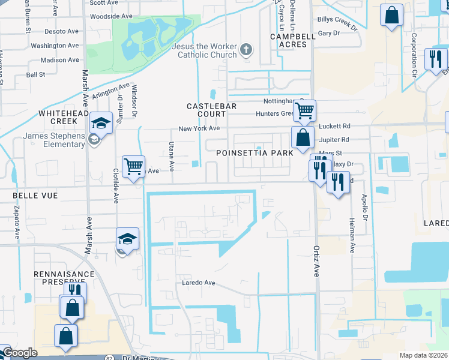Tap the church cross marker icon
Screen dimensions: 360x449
click(246, 50)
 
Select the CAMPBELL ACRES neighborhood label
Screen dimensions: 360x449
click(292, 40)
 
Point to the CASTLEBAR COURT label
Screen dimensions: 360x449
click(212, 110)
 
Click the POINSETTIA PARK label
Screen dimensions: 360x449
click(255, 153)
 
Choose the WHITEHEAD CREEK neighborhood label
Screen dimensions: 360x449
click(58, 117)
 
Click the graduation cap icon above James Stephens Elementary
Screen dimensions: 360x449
click(101, 124)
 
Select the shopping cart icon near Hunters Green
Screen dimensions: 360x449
click(305, 110)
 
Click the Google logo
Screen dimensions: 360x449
click(20, 353)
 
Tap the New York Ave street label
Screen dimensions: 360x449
click(199, 128)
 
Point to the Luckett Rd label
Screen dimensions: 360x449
click(334, 126)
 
